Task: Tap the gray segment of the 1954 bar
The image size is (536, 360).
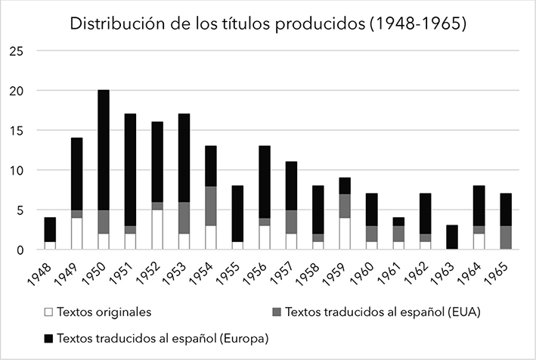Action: [211, 206]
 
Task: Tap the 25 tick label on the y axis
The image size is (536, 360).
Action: [18, 51]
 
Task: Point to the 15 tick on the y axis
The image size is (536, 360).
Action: [18, 131]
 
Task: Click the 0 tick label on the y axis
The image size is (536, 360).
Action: [21, 250]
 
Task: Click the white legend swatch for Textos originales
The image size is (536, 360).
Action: [48, 310]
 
